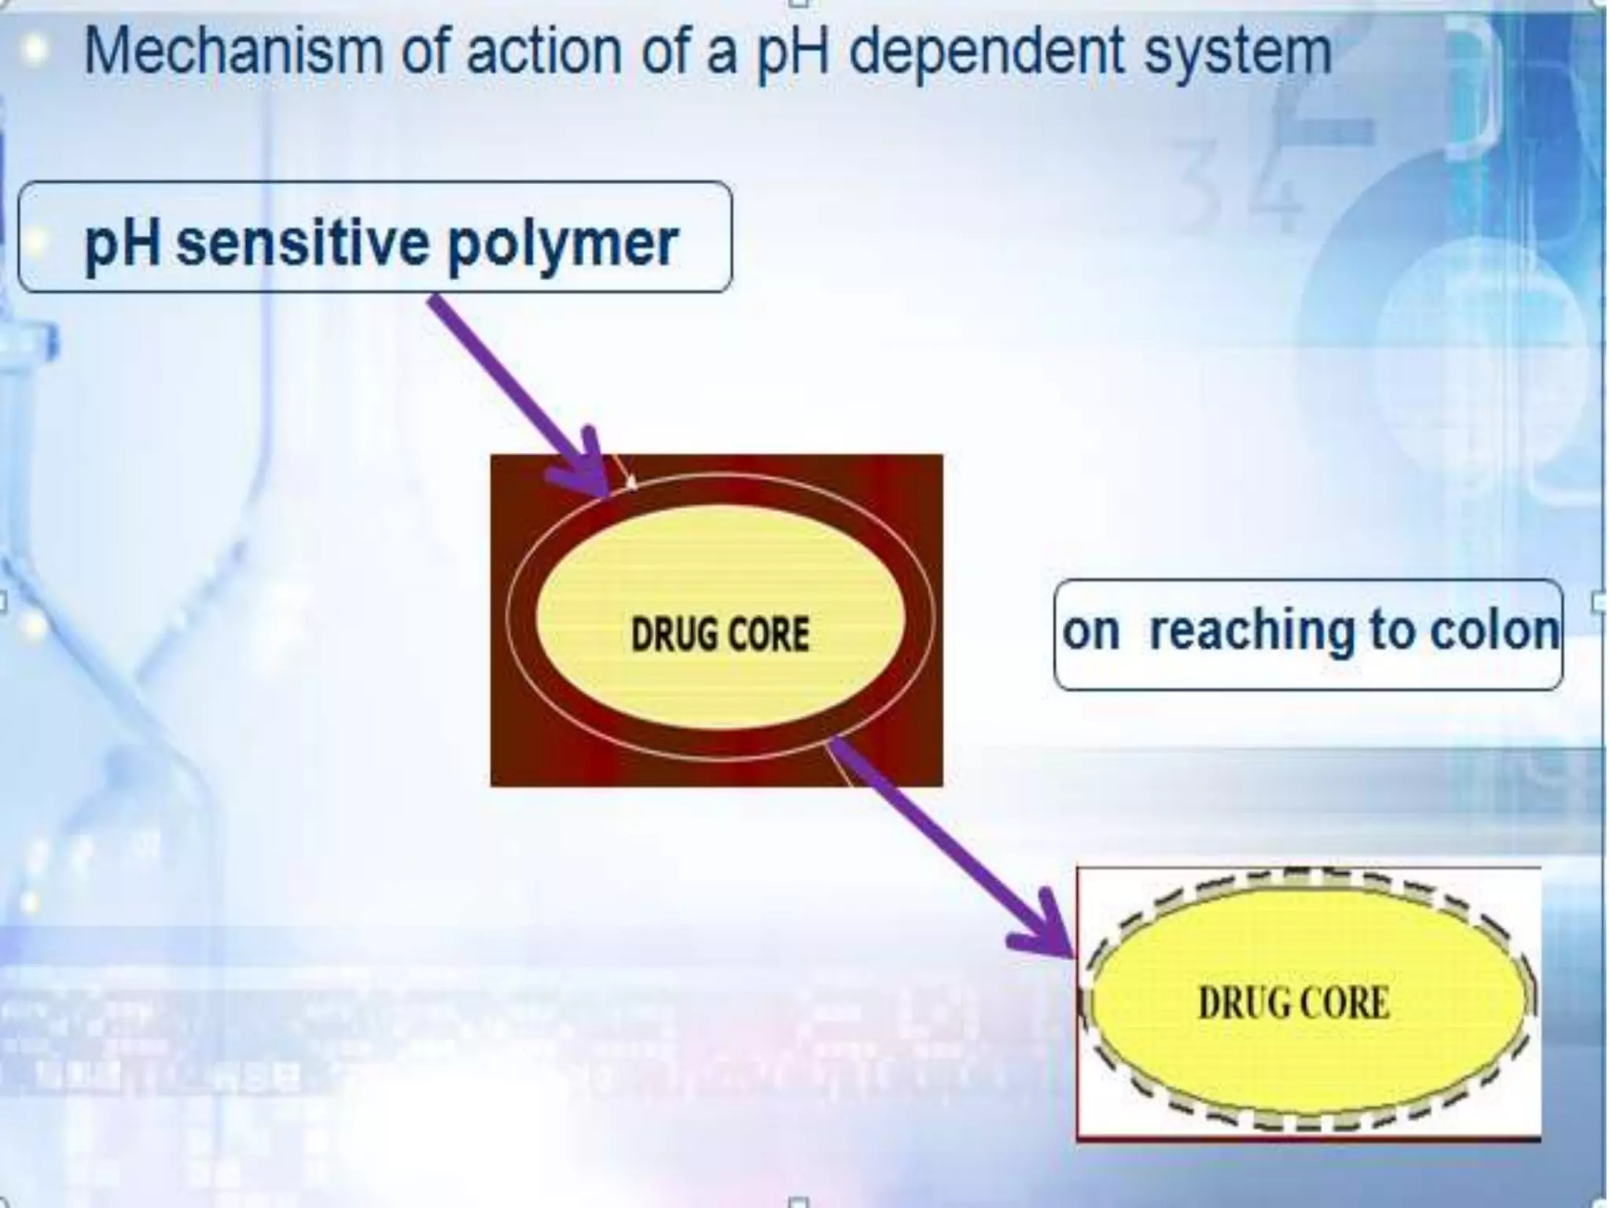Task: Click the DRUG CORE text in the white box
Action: tap(1293, 1004)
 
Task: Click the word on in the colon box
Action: tap(1090, 632)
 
